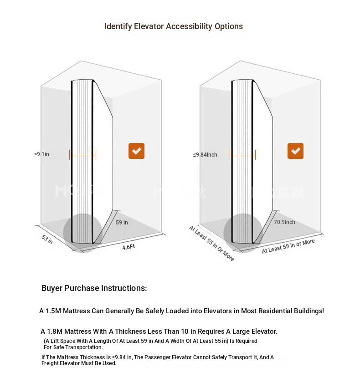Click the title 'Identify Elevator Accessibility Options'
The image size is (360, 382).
[x=174, y=26]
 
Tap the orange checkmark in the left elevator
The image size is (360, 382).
[x=136, y=151]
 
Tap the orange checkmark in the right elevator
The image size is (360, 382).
[x=295, y=151]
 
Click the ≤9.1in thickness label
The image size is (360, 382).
[x=41, y=154]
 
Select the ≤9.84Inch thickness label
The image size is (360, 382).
[x=205, y=155]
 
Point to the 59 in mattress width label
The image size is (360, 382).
[x=122, y=223]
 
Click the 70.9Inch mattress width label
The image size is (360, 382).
[x=284, y=222]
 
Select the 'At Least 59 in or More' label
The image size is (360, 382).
[x=288, y=246]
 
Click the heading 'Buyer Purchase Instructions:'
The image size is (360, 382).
[x=94, y=288]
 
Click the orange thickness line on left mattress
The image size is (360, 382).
[x=82, y=155]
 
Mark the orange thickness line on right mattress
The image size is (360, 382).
[x=242, y=155]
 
